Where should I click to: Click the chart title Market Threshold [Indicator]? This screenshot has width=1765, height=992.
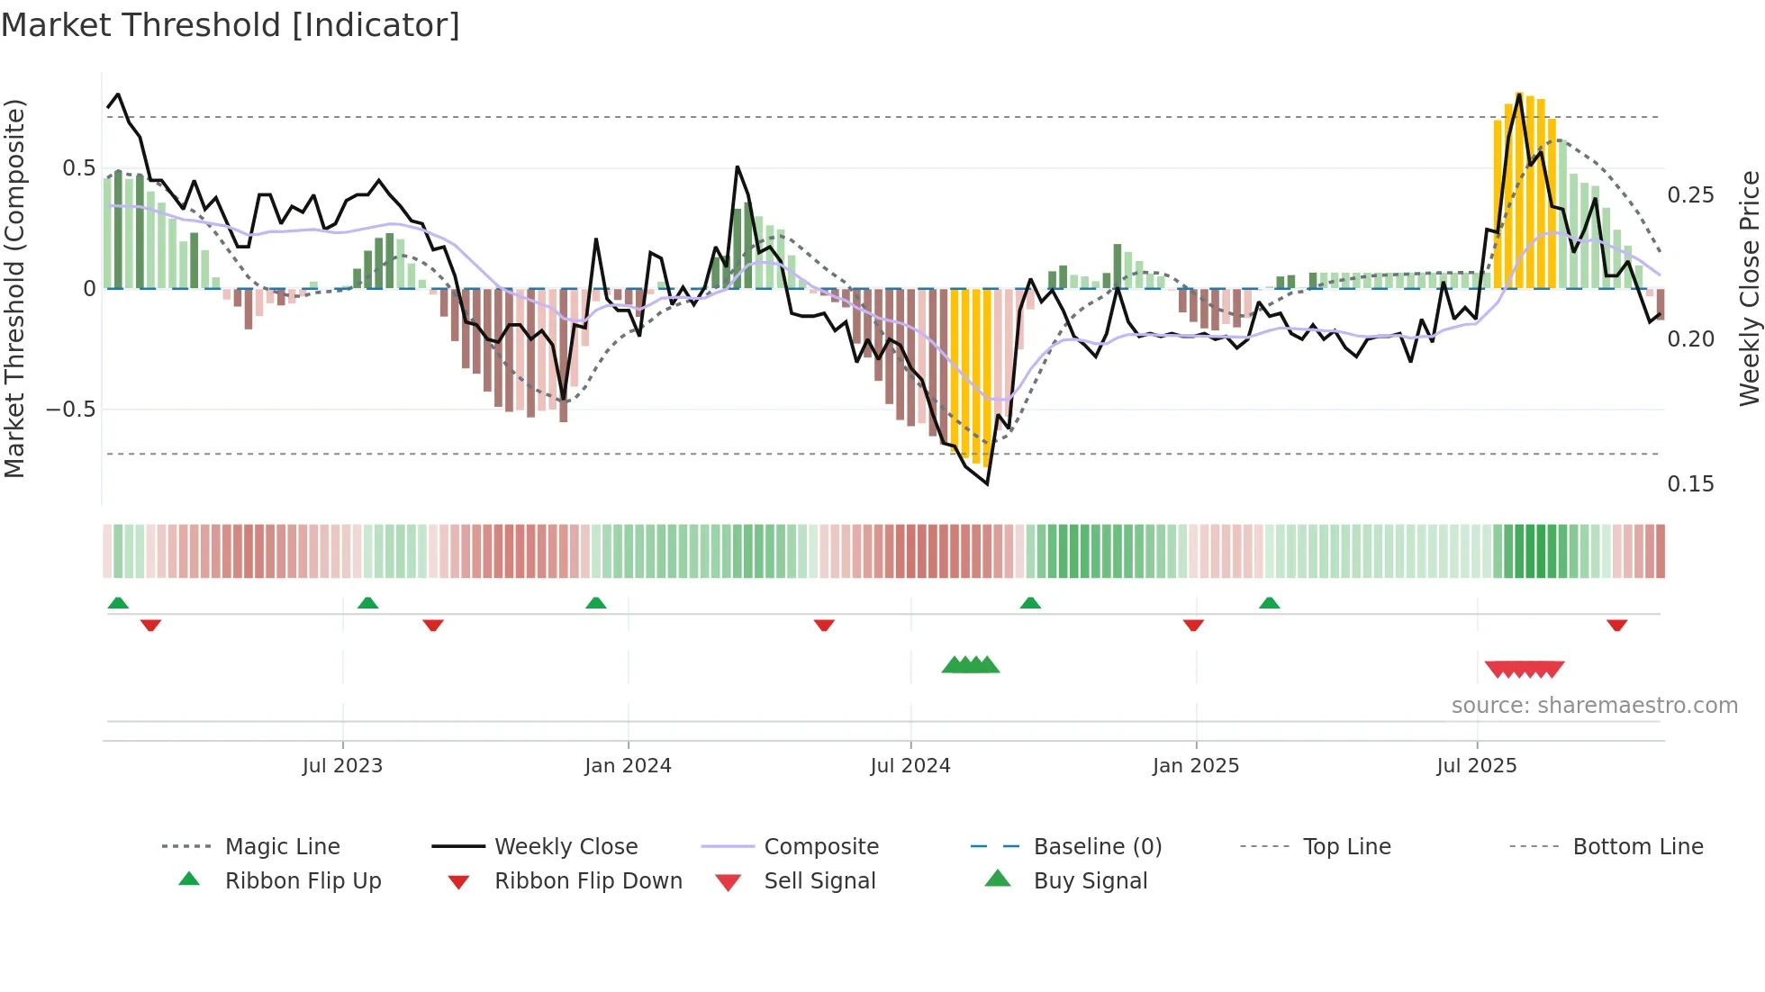point(231,25)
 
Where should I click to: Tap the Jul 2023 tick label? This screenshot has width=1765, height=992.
point(342,766)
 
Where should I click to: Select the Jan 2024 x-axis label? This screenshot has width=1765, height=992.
point(628,766)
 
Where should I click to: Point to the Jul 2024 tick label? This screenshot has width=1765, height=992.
point(910,766)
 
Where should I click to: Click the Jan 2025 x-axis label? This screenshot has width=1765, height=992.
point(1196,766)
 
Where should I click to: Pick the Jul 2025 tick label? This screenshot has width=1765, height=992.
point(1477,766)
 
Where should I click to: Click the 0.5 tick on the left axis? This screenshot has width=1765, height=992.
point(79,168)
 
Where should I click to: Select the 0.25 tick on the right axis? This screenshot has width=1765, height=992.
point(1690,195)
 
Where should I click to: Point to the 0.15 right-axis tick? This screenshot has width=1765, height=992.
point(1690,484)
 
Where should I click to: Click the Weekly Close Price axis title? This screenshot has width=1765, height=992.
point(1749,288)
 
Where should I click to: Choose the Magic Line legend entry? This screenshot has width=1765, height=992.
point(282,847)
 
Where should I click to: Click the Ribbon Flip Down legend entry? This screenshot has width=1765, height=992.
point(588,881)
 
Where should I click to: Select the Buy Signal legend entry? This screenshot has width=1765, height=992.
point(1090,881)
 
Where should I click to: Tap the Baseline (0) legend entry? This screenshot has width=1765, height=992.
point(1097,847)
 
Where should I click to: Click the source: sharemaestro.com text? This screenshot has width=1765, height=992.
point(1594,706)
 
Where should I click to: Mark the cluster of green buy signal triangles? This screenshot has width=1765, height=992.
point(971,665)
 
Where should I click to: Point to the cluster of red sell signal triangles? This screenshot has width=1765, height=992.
point(1524,669)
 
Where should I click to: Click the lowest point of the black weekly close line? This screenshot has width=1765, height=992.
point(987,484)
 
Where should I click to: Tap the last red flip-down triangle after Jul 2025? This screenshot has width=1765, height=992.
point(1616,625)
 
